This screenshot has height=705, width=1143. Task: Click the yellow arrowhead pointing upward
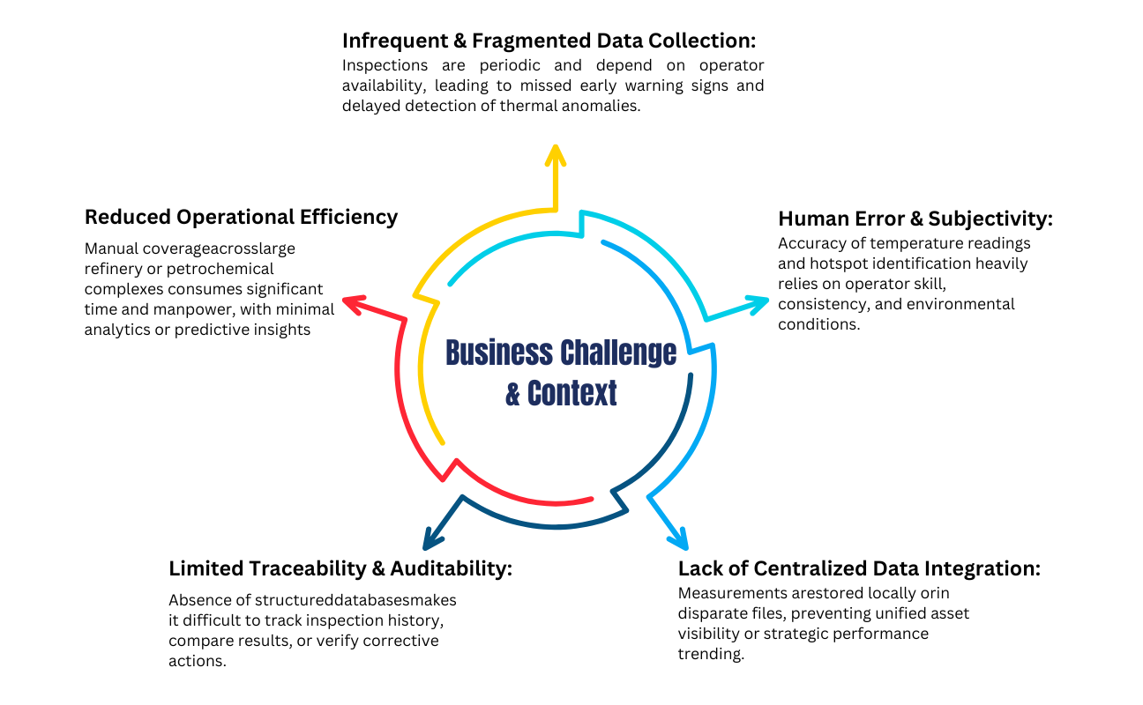coord(555,155)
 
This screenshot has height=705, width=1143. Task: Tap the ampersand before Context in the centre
coord(513,393)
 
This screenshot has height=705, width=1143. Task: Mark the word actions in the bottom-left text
coord(196,660)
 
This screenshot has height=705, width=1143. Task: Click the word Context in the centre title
coord(572,393)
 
